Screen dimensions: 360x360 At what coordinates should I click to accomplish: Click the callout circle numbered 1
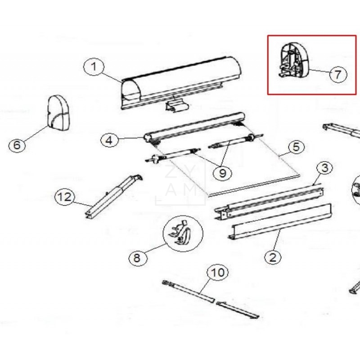94,67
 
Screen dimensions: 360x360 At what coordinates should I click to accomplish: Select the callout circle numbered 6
17,145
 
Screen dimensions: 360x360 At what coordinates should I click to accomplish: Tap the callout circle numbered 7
337,74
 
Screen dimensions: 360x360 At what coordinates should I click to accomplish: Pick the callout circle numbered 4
109,140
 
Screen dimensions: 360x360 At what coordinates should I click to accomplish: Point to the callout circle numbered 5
295,147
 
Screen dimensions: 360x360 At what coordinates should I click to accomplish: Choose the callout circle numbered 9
222,173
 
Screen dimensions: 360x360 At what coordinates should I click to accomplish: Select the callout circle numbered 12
65,197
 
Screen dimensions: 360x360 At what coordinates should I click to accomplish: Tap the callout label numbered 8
137,258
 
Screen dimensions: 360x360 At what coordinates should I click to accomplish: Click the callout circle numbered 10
217,273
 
